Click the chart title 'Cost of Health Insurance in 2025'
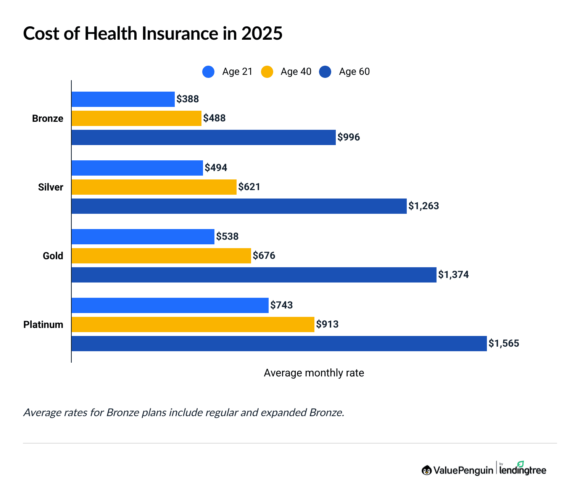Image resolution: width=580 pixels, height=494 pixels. point(153,34)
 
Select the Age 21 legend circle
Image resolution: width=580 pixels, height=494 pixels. point(208,72)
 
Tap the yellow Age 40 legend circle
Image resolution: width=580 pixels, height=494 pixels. point(267,72)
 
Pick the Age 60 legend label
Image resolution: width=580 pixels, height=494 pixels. point(354,72)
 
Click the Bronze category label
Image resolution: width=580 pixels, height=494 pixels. point(48,118)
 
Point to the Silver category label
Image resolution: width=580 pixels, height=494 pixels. point(50,187)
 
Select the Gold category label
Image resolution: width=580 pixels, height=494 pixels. point(53,256)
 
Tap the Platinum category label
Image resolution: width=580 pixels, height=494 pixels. point(43,324)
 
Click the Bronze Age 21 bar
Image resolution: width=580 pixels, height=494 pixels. point(123,99)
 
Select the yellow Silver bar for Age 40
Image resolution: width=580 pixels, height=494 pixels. point(154,187)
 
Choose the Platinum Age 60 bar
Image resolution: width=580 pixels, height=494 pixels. point(279,344)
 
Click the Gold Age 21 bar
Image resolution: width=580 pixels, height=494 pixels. point(143,237)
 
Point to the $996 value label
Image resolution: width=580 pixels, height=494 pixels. point(349,137)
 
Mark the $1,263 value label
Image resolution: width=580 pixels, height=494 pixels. point(424,206)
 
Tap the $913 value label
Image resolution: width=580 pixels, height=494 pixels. point(327,324)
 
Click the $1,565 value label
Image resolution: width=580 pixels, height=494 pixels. point(504,344)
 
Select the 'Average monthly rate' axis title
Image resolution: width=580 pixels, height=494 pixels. point(314,373)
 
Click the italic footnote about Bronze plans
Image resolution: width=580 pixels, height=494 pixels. point(184,413)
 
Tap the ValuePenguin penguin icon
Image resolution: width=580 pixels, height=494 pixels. point(427,470)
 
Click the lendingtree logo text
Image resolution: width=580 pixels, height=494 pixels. point(523,470)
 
